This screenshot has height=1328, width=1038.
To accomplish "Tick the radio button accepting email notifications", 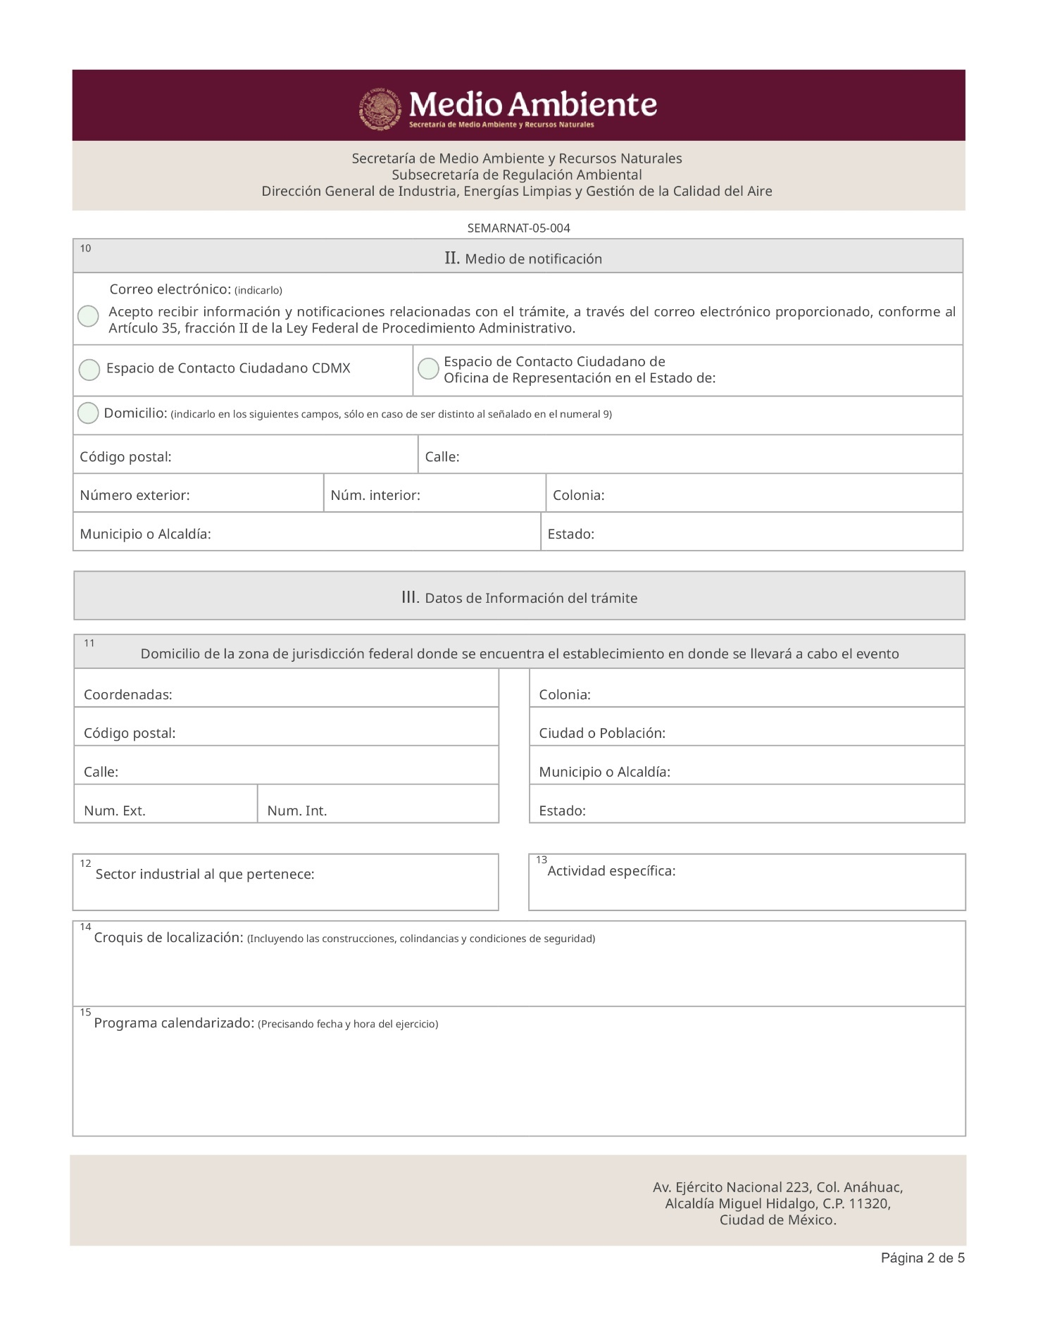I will [x=88, y=316].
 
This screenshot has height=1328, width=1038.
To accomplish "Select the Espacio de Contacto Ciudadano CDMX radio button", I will [x=89, y=370].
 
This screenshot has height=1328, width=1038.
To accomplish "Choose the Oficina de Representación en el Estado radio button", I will [x=428, y=368].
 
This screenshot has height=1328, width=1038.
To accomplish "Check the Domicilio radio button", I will [x=88, y=413].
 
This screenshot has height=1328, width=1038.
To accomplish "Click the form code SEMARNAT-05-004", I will [x=518, y=228].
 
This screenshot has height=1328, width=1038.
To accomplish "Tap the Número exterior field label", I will [x=135, y=495].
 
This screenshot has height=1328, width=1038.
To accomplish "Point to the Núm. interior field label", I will [x=375, y=495].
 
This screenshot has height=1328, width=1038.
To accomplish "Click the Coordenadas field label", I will [x=128, y=695].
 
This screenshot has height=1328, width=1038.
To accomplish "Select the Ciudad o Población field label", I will [x=602, y=733].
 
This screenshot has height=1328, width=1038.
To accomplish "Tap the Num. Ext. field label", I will [x=115, y=810].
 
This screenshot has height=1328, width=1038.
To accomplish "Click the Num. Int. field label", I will [x=297, y=810].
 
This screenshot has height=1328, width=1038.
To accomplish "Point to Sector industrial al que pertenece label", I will [x=205, y=875].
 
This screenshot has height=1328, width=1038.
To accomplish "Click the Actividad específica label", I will [x=611, y=871].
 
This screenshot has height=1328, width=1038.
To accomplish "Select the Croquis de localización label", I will [x=169, y=938].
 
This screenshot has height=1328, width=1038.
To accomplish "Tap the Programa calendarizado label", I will [x=174, y=1023].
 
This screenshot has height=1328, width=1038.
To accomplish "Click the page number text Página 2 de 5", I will [x=923, y=1258].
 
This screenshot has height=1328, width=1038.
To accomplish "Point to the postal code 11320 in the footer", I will [x=870, y=1203].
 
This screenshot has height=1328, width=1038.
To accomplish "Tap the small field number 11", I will [x=89, y=643].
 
